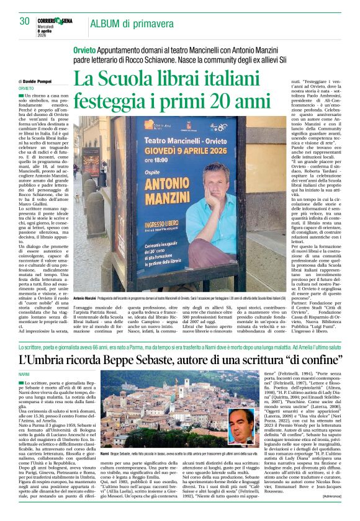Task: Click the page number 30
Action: (24, 21)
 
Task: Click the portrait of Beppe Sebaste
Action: (241, 429)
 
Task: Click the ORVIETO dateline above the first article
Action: (27, 89)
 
